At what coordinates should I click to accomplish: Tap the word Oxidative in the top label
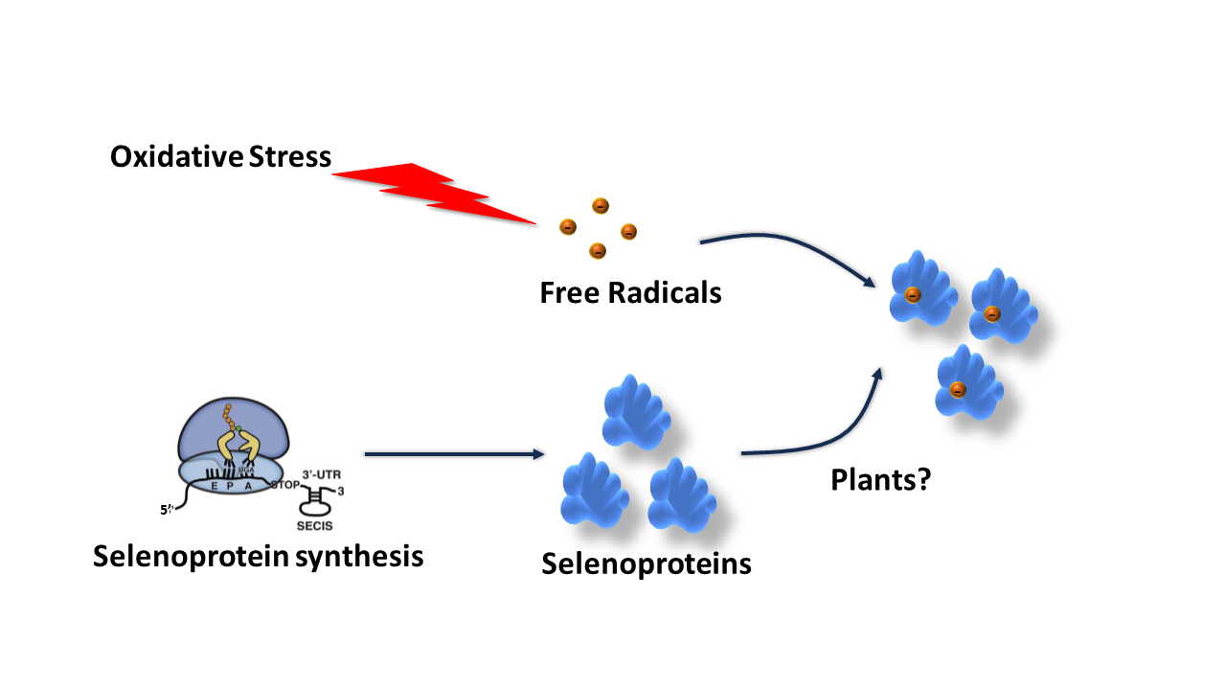pos(176,156)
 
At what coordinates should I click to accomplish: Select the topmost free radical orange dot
pos(600,205)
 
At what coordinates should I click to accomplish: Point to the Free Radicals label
pos(630,292)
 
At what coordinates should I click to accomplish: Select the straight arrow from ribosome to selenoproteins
pos(454,453)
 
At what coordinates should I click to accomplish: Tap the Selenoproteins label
pos(646,563)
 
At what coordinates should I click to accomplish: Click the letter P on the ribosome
pos(228,485)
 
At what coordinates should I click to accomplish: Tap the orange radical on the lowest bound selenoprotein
pos(957,389)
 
